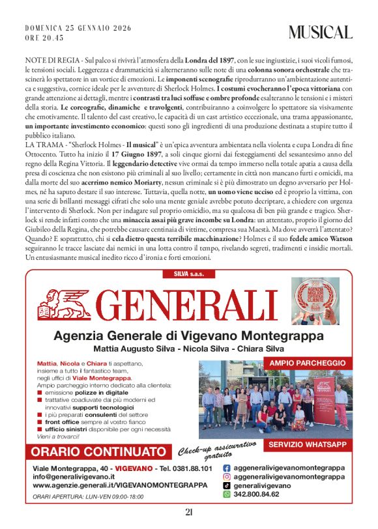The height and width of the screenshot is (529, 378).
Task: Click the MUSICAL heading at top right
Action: (x=321, y=33)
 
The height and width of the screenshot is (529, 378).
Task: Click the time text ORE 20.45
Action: (x=45, y=38)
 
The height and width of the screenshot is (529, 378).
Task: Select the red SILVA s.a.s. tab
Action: (x=189, y=274)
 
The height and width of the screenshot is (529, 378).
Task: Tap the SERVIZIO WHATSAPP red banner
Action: (x=307, y=444)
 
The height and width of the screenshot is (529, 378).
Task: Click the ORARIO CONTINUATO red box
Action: (x=98, y=451)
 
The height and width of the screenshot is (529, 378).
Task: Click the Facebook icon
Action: (x=227, y=468)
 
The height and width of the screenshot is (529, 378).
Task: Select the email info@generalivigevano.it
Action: (x=74, y=477)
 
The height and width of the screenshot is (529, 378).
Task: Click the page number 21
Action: (x=189, y=512)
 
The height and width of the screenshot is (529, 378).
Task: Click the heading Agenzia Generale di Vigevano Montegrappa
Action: (x=188, y=336)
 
